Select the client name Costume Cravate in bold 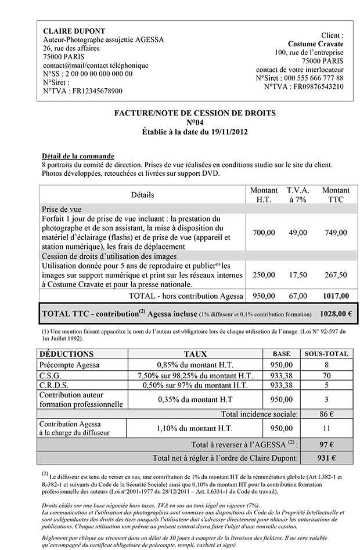point(315,44)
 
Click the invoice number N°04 point(195,122)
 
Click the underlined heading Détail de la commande point(78,156)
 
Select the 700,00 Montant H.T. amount point(264,233)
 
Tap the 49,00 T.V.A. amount point(298,233)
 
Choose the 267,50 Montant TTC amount point(336,274)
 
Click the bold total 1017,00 point(336,296)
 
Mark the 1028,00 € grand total point(336,313)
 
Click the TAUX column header point(195,353)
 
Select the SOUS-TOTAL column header point(326,353)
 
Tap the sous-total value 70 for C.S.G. point(326,375)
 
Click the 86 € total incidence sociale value point(326,414)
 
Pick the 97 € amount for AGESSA point(326,444)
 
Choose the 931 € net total point(326,458)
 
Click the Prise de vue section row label point(62,209)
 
